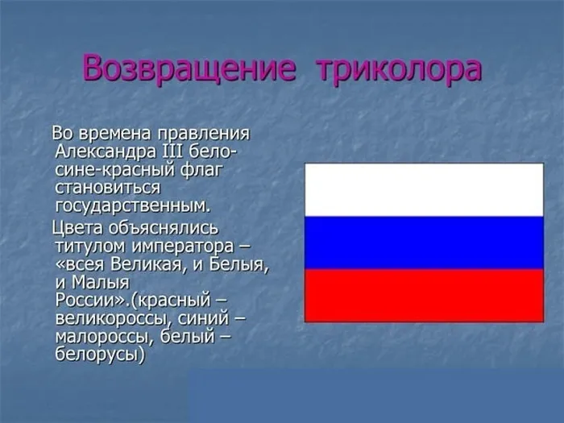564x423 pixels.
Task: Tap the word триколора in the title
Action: [x=400, y=68]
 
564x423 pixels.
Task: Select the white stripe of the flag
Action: [x=424, y=189]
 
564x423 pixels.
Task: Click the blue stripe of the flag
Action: [x=424, y=243]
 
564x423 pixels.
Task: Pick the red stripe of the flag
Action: [x=424, y=295]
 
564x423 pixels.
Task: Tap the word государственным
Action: [x=133, y=205]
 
